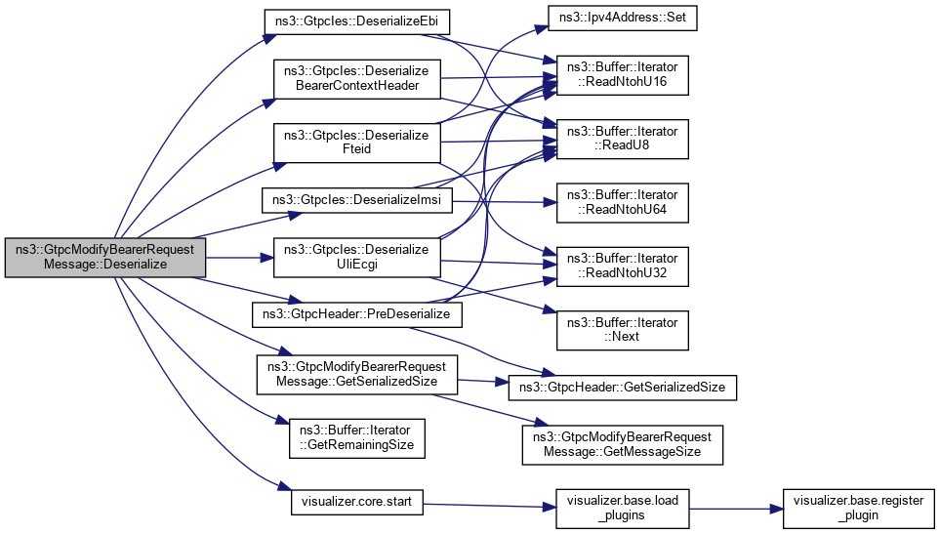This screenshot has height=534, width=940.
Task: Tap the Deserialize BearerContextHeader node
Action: point(356,79)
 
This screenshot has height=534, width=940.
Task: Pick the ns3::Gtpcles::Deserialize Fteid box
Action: point(356,144)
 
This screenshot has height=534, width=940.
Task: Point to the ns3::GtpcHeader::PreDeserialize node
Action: point(357,315)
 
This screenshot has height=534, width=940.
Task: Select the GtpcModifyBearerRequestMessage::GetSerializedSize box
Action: point(356,374)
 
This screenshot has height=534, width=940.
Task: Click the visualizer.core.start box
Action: point(357,505)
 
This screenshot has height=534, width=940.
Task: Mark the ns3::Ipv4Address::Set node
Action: point(622,19)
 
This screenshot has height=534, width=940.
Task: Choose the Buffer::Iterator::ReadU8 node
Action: point(623,138)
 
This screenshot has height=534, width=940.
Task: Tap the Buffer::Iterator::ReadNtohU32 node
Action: point(623,265)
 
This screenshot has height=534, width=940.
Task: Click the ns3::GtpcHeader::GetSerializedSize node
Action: point(623,388)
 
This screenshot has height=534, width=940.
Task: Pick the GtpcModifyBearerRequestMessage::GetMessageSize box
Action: point(623,444)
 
